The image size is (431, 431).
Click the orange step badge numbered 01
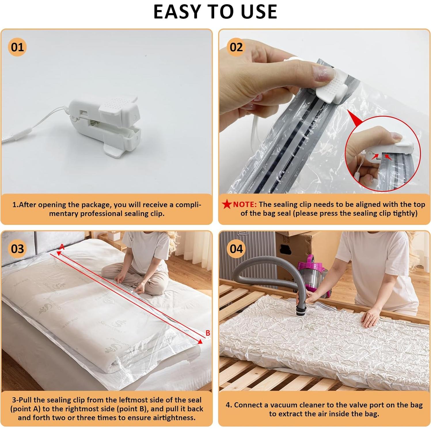(x=17, y=47)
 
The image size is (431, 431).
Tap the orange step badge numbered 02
(x=236, y=47)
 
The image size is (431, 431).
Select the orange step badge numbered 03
(x=17, y=249)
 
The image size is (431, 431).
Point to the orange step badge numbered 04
(x=236, y=249)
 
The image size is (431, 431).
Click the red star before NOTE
(x=227, y=204)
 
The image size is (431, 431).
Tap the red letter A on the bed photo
(x=62, y=247)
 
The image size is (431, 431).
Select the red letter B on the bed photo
(x=208, y=333)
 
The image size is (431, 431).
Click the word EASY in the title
(x=177, y=12)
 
